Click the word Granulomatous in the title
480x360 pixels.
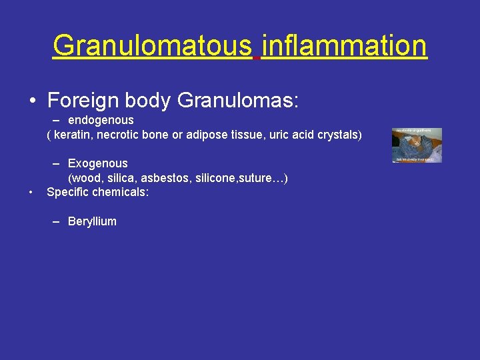pyautogui.click(x=153, y=46)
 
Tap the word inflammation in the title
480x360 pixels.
pyautogui.click(x=344, y=46)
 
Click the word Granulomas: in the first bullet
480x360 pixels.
pyautogui.click(x=239, y=101)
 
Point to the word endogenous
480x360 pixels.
pyautogui.click(x=101, y=120)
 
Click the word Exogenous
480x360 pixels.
pyautogui.click(x=98, y=163)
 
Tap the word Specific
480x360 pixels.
pyautogui.click(x=67, y=193)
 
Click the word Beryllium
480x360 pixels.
pyautogui.click(x=92, y=221)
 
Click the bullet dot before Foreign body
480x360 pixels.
pyautogui.click(x=33, y=101)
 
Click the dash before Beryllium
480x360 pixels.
pyautogui.click(x=57, y=221)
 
